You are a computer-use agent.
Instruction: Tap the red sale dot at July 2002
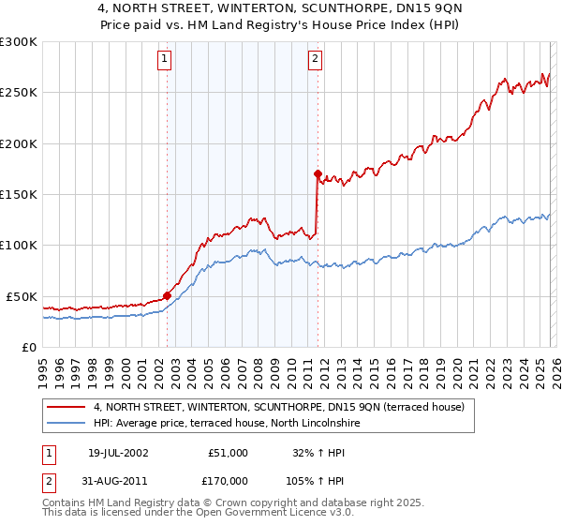[x=168, y=295]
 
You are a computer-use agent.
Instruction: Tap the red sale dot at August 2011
[x=318, y=173]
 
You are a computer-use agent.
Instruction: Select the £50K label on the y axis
[x=22, y=296]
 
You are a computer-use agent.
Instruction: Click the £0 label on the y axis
[x=28, y=347]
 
